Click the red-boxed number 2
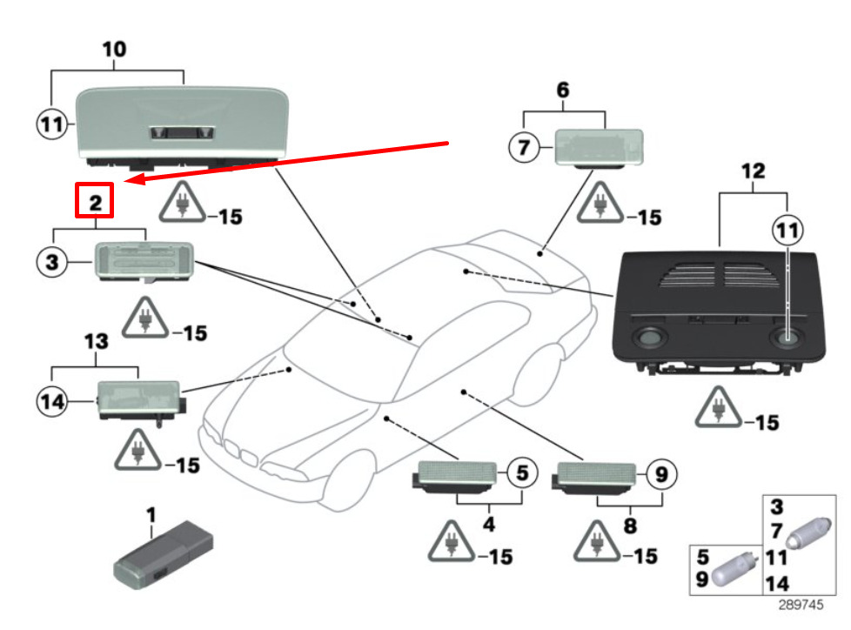[95, 202]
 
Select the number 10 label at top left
[115, 49]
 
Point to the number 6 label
[562, 90]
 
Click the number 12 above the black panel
[754, 171]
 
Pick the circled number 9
[660, 474]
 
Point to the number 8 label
[630, 525]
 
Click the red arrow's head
[128, 180]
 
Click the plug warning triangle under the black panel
[719, 407]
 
